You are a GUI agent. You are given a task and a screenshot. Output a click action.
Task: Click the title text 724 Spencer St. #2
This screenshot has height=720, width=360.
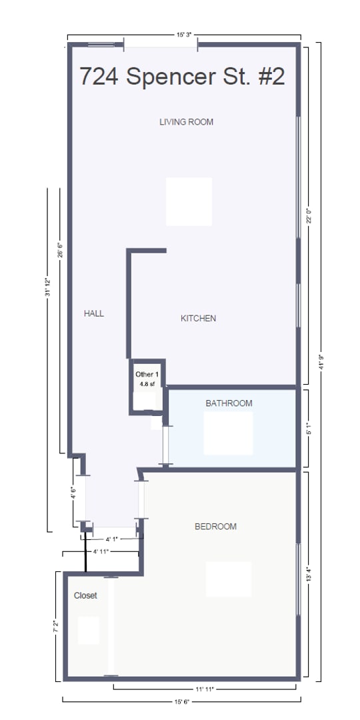182,77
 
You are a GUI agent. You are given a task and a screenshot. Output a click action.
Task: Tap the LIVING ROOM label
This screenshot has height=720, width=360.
186,122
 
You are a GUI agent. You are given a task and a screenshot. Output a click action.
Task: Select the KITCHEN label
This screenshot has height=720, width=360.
198,319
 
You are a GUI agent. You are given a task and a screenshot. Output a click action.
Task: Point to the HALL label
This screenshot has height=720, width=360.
94,313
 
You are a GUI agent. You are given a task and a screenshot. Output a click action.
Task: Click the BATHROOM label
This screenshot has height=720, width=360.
229,403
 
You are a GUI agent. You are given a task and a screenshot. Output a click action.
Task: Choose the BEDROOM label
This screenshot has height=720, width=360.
215,527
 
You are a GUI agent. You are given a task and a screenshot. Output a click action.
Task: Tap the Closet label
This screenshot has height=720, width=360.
85,595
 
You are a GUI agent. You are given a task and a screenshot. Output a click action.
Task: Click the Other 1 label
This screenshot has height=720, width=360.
147,375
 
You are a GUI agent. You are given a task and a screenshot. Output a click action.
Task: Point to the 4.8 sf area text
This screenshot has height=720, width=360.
146,385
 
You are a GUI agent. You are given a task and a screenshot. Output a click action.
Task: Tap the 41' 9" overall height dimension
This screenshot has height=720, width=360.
321,361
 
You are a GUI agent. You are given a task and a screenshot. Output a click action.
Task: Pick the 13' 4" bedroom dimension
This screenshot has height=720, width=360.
307,573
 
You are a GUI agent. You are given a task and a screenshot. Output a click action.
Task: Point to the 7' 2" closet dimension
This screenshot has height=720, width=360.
55,627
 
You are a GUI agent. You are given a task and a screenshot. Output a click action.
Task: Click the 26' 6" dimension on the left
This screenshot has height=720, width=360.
60,249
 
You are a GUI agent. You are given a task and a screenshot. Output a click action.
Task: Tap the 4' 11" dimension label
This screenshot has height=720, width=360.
101,552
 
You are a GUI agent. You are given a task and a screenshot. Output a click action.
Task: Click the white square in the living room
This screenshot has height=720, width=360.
189,201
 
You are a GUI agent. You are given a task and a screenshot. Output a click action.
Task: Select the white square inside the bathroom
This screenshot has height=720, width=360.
228,433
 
